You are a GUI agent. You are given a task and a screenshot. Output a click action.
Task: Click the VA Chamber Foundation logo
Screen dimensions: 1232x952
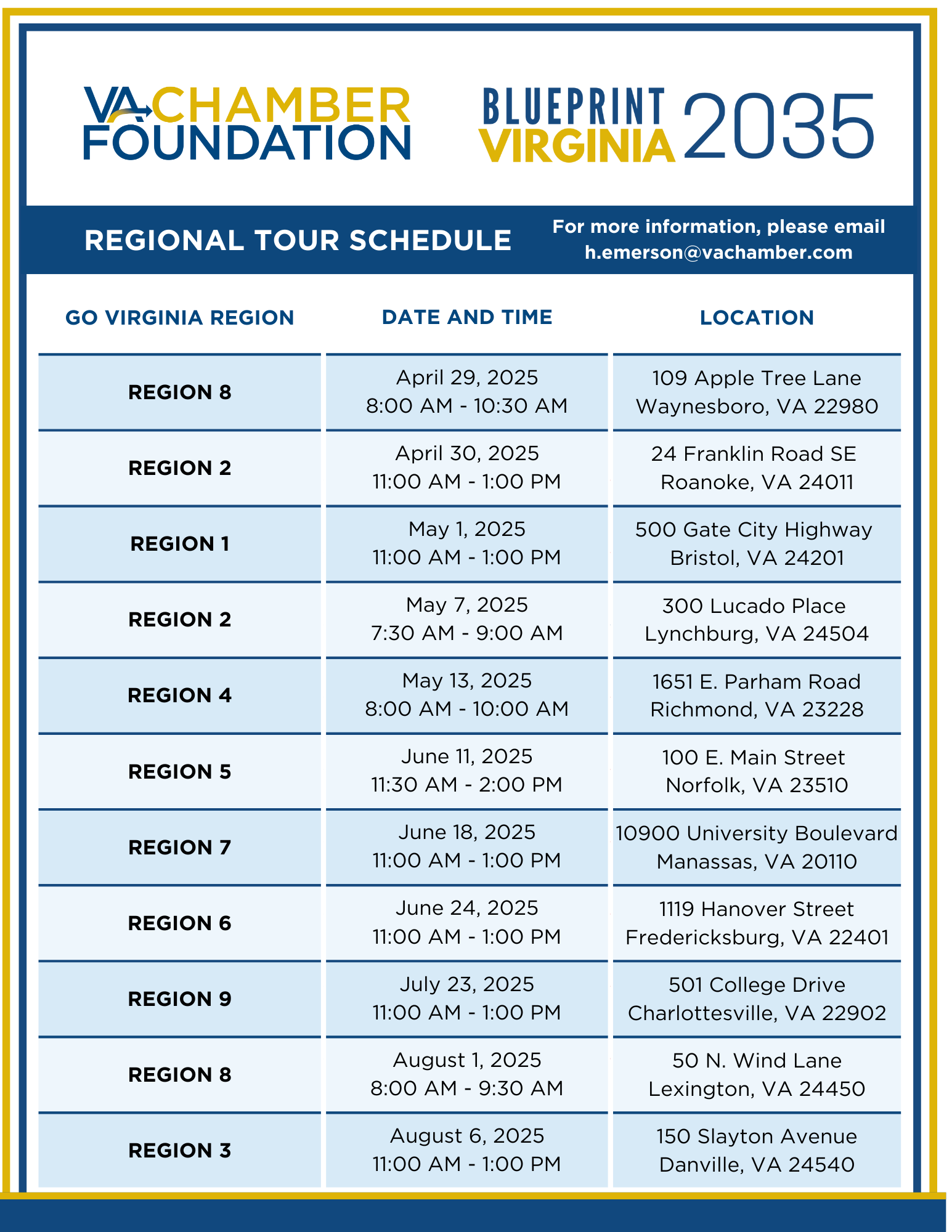coord(246,123)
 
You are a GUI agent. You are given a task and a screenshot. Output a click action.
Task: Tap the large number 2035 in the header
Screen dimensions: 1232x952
coord(778,126)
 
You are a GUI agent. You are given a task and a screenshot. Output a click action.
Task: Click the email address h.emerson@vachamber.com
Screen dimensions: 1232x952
coord(718,253)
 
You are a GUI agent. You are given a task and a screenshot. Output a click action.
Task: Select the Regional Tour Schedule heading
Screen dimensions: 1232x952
coord(298,240)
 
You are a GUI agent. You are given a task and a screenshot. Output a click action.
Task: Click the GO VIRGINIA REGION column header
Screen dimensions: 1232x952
coord(179,318)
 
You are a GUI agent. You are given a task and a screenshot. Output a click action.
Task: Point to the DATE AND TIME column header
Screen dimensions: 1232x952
coord(467,317)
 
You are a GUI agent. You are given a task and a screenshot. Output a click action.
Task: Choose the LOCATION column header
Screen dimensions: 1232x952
coord(757,318)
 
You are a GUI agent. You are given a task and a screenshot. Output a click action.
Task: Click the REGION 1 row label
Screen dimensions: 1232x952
coord(179,544)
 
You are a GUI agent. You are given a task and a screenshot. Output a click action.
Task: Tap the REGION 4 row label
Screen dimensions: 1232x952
coord(179,695)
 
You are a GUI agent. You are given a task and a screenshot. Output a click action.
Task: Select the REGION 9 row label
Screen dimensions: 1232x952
coord(179,999)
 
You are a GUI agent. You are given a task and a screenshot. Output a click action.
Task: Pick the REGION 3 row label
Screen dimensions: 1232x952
coord(179,1150)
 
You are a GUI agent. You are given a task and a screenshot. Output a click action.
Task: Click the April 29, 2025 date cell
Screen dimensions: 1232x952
coord(467,392)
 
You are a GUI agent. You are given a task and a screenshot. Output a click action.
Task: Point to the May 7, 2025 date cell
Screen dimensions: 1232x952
coord(467,619)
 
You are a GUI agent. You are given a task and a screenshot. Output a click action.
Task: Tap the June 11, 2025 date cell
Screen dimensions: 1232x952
coord(467,771)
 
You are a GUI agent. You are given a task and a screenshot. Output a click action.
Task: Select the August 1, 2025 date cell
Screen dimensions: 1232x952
coord(467,1074)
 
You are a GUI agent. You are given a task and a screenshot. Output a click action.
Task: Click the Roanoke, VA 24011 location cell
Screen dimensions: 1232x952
coord(757,468)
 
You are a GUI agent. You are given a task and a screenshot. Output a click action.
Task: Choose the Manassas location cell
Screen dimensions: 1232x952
coord(757,847)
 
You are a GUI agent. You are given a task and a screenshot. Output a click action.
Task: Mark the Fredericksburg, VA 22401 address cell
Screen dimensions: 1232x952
coord(757,923)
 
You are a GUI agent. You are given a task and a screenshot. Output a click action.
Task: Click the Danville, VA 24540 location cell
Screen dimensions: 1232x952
coord(757,1150)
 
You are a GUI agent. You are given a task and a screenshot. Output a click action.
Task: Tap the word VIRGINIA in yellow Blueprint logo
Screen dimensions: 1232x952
coord(577,147)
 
